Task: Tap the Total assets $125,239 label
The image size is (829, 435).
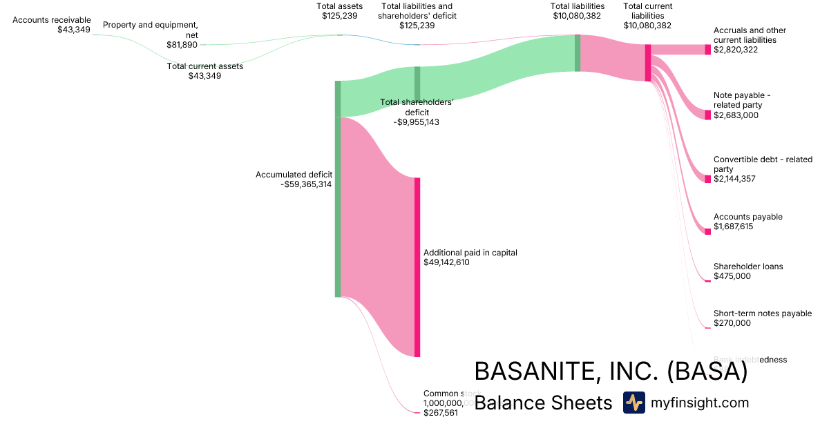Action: tap(339, 11)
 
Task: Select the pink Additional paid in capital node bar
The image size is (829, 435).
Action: tap(417, 267)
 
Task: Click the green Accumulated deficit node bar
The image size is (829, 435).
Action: tap(338, 207)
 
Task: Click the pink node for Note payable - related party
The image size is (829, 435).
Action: tap(707, 115)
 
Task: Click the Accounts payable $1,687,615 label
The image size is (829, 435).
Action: tap(747, 222)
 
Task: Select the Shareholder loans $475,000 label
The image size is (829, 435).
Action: tap(747, 271)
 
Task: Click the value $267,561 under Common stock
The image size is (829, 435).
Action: tap(440, 413)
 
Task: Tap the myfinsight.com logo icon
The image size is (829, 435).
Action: tap(633, 403)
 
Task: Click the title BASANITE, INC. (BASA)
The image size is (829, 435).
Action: tap(611, 371)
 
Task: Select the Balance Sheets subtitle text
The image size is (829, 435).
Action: tap(543, 403)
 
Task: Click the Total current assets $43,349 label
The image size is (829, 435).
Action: tap(204, 71)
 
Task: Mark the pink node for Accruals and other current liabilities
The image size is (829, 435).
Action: tap(707, 50)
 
